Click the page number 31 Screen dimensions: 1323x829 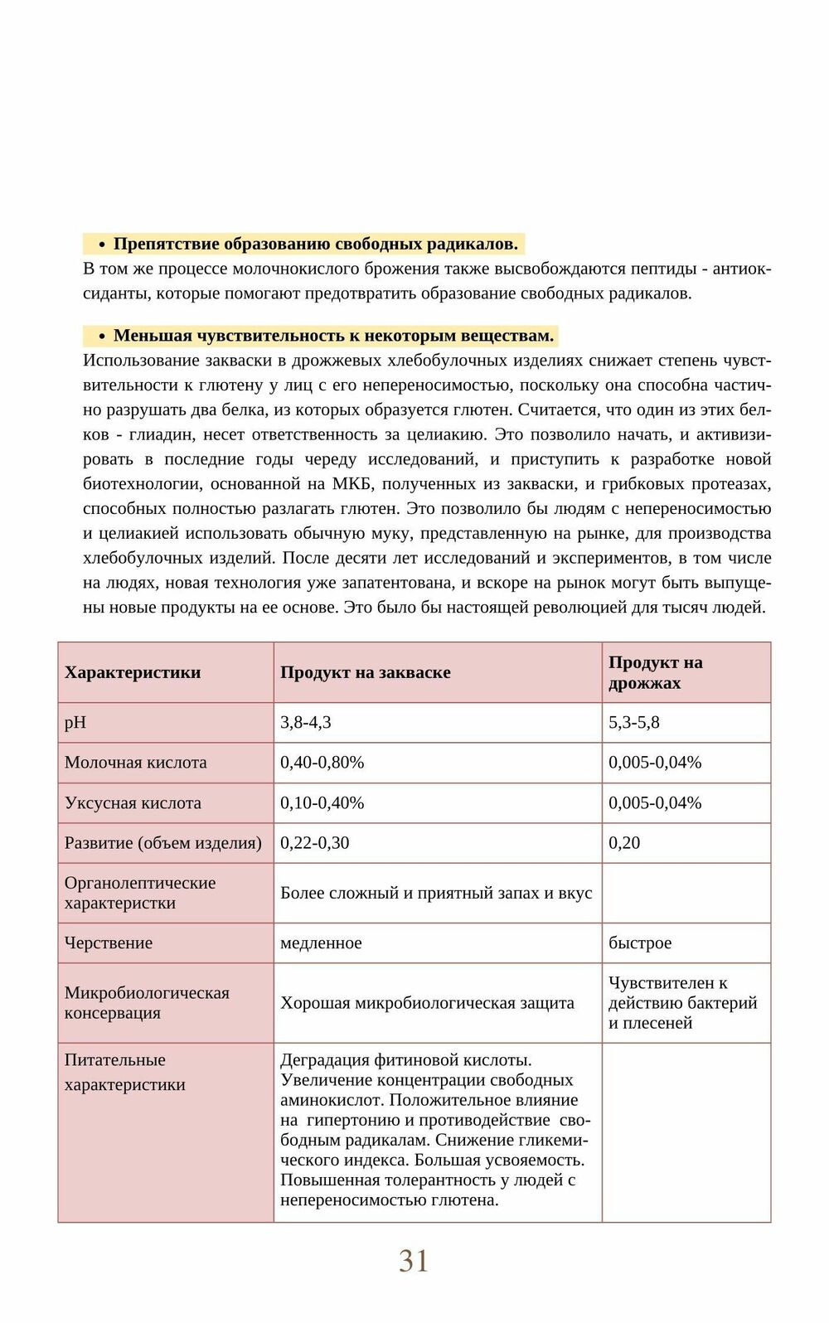pos(414,1261)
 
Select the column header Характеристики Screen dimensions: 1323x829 pos(133,672)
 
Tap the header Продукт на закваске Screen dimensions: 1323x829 pos(366,672)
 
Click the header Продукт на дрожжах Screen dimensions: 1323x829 pos(655,672)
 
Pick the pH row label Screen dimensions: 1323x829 pos(75,722)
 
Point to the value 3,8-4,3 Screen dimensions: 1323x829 pos(306,722)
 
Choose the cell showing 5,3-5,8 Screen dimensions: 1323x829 pos(634,722)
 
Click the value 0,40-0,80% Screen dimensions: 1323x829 pos(322,762)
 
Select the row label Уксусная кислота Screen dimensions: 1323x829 pos(133,802)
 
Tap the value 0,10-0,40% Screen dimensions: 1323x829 pos(322,802)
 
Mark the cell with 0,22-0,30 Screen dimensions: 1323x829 pos(315,842)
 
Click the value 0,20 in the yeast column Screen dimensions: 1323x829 pos(624,842)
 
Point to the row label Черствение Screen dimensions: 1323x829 pos(109,943)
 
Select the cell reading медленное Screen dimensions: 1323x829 pos(322,943)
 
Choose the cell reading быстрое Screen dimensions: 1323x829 pos(640,943)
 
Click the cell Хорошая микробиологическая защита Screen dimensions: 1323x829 pos(427,1003)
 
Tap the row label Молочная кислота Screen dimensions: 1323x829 pos(136,762)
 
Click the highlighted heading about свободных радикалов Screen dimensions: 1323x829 pos(315,244)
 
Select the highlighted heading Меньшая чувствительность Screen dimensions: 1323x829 pos(333,336)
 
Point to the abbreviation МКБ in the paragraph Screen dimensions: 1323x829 pos(352,484)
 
